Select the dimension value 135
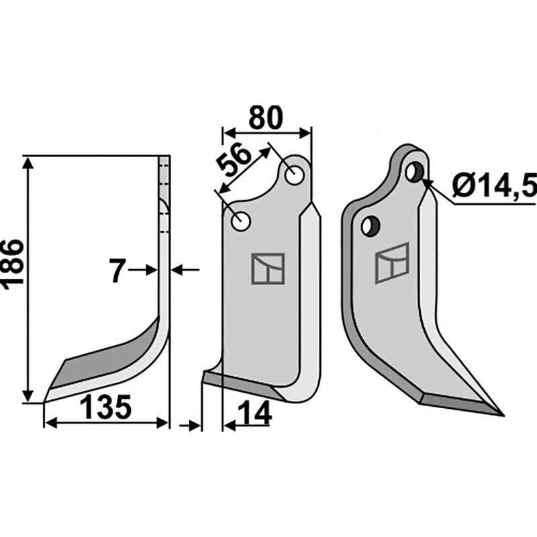click(105, 407)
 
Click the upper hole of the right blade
click(414, 172)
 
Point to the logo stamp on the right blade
click(392, 262)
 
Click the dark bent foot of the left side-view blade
click(111, 356)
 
